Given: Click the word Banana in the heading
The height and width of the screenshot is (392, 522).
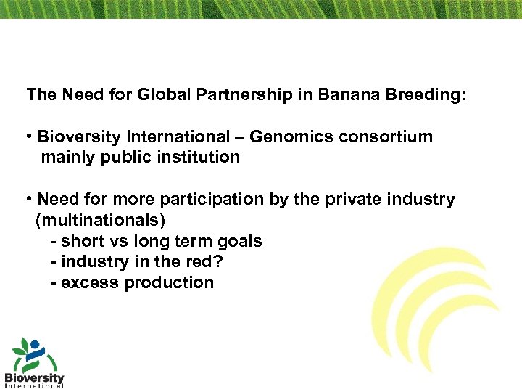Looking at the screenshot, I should pyautogui.click(x=350, y=95).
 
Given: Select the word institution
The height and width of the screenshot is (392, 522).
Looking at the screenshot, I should pyautogui.click(x=199, y=157).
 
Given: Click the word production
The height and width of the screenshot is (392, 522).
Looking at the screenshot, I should pyautogui.click(x=169, y=282).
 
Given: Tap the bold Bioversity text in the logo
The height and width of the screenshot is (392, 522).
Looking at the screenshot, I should pyautogui.click(x=34, y=377).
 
